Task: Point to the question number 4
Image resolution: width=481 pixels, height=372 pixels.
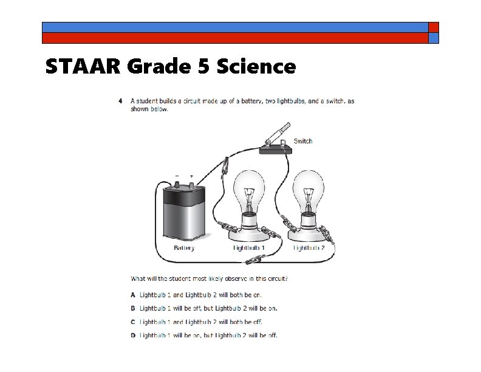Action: click(120, 101)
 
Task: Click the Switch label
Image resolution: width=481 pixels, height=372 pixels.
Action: click(303, 141)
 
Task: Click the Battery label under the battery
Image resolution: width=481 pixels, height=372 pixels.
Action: click(184, 248)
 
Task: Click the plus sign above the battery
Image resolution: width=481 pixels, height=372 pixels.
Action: click(192, 176)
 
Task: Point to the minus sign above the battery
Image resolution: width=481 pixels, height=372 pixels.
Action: click(177, 176)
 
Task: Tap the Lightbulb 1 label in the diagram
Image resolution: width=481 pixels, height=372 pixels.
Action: click(250, 248)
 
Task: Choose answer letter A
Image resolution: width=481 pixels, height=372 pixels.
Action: click(133, 294)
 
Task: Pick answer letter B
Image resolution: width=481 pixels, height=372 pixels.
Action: click(133, 308)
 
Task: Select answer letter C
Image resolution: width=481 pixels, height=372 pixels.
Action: click(133, 322)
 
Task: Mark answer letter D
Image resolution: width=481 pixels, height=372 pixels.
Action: click(133, 335)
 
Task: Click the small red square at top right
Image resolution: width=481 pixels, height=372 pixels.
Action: click(434, 27)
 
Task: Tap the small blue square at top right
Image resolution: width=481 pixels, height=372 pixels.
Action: click(434, 38)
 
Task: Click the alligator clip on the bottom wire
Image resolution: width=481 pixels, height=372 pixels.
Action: click(249, 263)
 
